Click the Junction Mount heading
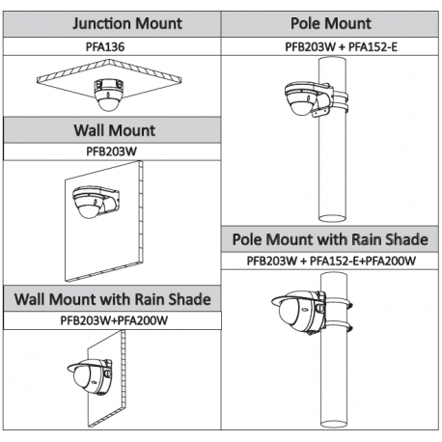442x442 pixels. (127, 24)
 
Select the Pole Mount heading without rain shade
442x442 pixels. (331, 23)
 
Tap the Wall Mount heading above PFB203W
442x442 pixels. (115, 130)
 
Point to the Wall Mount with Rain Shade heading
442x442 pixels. (113, 299)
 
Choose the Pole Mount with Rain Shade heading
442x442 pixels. (330, 239)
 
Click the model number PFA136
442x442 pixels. (105, 47)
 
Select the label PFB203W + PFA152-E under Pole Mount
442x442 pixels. (341, 47)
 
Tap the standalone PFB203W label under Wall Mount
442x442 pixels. (111, 152)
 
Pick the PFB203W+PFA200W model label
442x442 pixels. (114, 320)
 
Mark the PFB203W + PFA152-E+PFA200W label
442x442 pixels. (331, 261)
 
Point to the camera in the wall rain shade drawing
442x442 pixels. (90, 376)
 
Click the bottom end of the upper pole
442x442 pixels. (332, 219)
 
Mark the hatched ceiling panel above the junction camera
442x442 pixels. (109, 77)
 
